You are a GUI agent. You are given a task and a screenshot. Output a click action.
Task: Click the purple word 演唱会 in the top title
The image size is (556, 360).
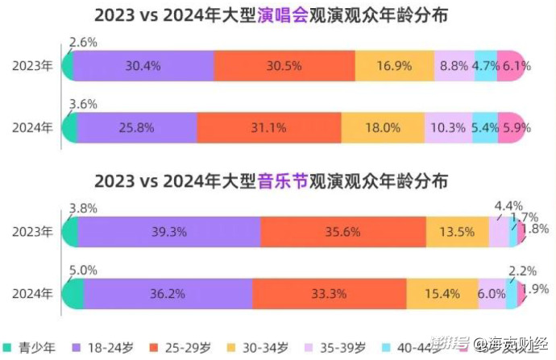point(282,14)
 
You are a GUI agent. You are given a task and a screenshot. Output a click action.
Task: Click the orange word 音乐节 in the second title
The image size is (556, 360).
point(282,180)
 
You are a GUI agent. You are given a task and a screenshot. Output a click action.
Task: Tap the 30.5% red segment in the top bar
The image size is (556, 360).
point(284,65)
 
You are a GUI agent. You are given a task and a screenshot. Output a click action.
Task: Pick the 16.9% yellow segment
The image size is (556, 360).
point(393,65)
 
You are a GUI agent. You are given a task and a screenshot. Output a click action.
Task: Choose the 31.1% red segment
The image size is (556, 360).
point(268,127)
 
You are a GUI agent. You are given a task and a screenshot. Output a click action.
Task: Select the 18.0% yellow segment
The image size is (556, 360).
point(383,127)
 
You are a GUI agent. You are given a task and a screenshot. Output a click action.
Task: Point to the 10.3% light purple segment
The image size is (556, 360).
point(449,127)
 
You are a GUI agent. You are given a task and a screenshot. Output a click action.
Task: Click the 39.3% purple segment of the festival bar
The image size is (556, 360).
point(169,231)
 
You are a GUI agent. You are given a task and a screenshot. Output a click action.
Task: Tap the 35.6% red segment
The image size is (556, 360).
point(343,231)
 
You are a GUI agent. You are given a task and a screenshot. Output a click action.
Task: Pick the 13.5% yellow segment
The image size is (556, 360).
point(457,231)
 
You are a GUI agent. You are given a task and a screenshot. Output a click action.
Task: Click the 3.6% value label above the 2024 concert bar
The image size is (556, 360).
point(83,104)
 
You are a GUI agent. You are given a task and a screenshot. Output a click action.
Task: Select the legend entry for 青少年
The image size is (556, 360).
point(31,348)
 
